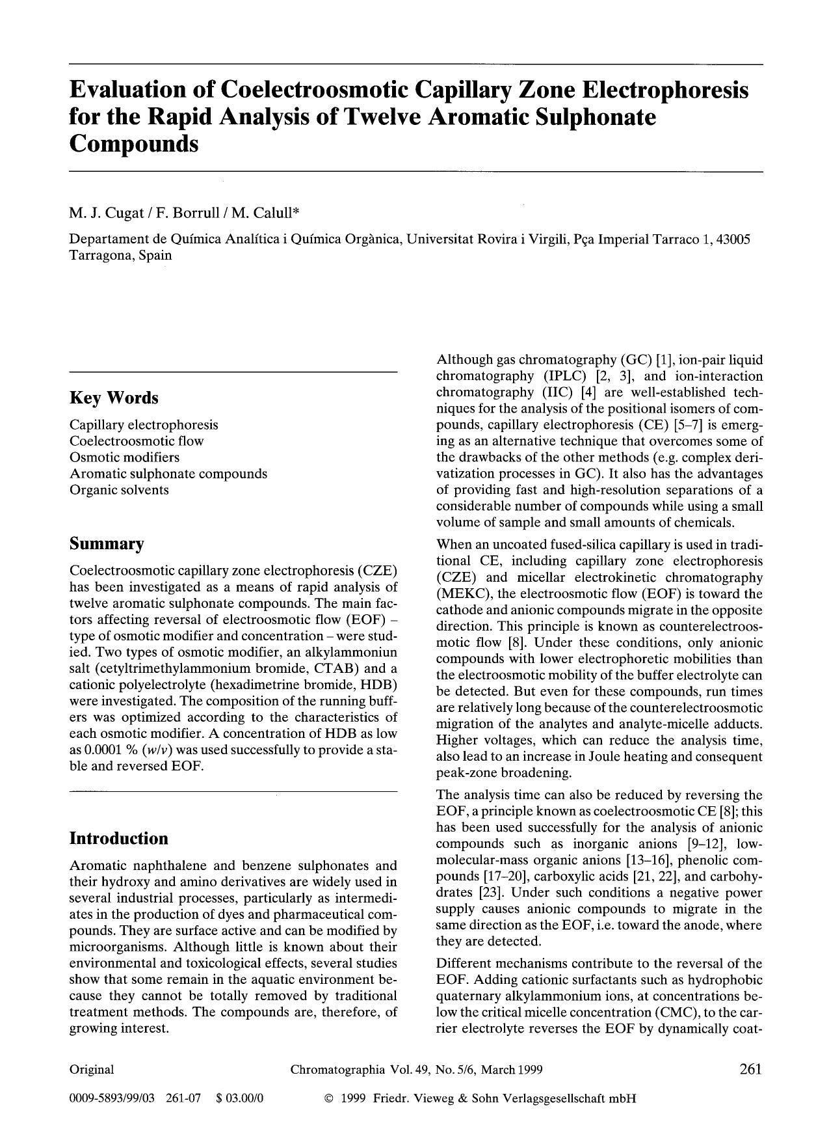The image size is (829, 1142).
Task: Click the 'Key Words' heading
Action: click(114, 398)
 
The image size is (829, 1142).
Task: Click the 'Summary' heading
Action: click(107, 543)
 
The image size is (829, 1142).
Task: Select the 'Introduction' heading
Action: click(118, 838)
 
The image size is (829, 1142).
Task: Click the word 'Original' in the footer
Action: click(92, 1069)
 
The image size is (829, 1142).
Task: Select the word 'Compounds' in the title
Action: click(133, 143)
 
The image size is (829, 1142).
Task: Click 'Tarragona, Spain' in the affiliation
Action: click(121, 255)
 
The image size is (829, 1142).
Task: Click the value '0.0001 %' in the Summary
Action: click(112, 749)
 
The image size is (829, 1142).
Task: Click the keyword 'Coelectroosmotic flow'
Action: click(137, 441)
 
